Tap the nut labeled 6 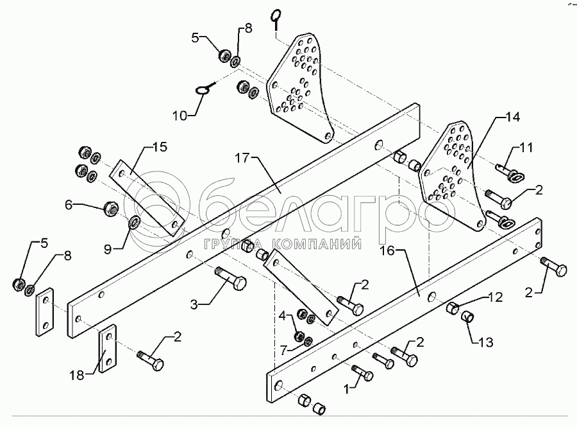click(110, 209)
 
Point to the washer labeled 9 click(136, 223)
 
